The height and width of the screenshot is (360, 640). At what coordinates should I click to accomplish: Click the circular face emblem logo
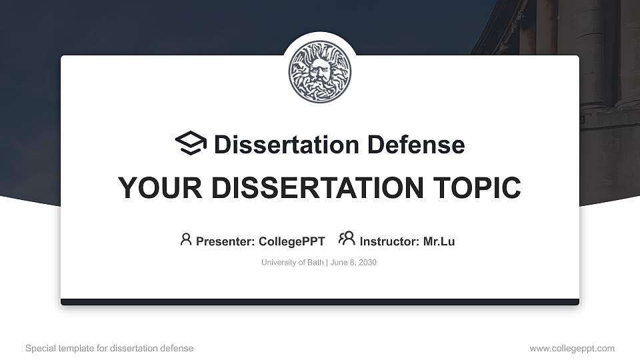(320, 71)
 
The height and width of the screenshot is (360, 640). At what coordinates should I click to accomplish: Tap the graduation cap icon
(191, 144)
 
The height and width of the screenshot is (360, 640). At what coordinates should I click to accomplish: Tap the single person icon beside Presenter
(186, 239)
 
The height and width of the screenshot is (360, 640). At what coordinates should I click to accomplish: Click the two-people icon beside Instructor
(347, 239)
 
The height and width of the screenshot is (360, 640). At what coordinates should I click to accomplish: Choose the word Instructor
(388, 241)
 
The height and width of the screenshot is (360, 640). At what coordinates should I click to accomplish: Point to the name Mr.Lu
(439, 241)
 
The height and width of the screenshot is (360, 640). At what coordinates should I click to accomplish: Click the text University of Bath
(292, 263)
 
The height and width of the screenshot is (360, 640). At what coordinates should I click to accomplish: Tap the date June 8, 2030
(353, 263)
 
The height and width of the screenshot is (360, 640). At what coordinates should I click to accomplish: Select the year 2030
(367, 263)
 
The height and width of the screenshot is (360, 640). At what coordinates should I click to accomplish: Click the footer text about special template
(109, 348)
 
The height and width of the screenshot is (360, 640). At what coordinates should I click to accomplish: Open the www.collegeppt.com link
(572, 348)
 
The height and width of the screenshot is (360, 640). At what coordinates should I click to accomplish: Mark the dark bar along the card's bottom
(320, 302)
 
